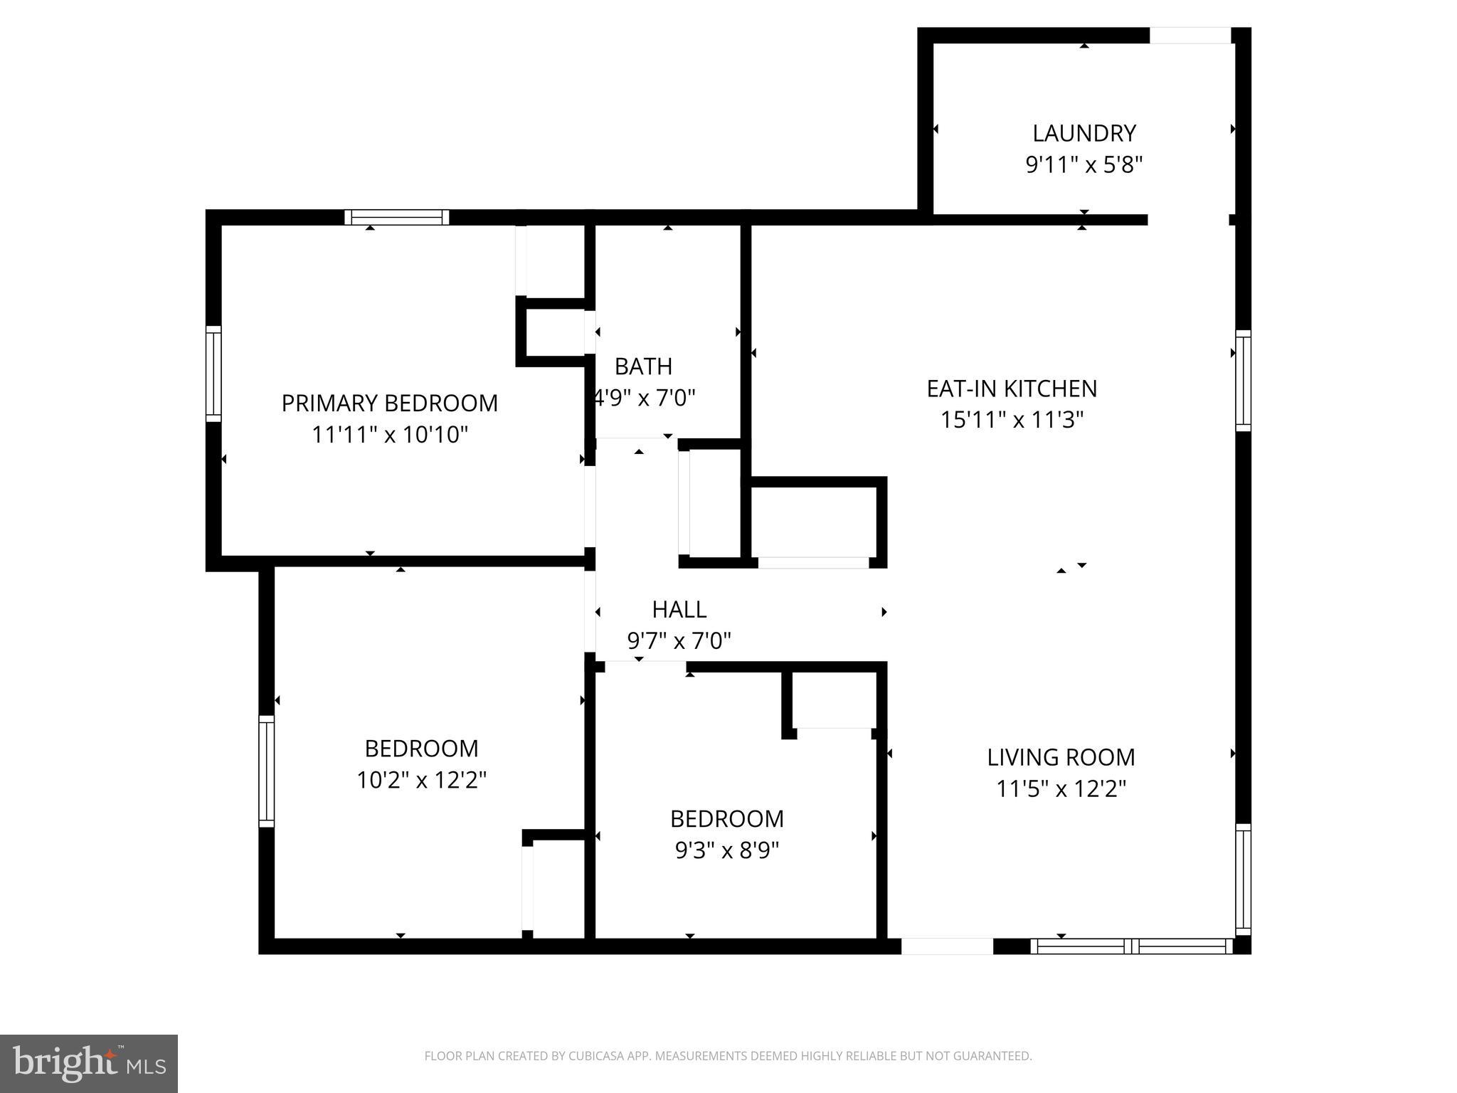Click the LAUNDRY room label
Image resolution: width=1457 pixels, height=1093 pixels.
click(x=1084, y=133)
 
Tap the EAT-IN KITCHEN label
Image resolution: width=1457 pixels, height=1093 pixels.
click(x=1012, y=389)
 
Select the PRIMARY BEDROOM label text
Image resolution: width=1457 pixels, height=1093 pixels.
click(x=389, y=403)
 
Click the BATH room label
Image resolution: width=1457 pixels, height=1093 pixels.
click(x=643, y=366)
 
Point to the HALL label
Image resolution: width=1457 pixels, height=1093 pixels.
click(x=679, y=610)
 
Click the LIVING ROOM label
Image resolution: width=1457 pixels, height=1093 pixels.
click(x=1060, y=757)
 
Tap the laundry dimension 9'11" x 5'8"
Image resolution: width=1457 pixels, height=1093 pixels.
click(x=1084, y=165)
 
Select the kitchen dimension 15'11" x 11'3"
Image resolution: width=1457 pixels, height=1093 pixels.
click(x=1012, y=420)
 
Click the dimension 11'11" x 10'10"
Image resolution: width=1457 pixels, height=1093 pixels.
click(x=389, y=435)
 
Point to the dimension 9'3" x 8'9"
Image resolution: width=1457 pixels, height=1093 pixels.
click(x=726, y=850)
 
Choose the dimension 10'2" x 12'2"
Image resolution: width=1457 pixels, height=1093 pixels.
click(x=421, y=781)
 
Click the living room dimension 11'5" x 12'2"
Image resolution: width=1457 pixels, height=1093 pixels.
click(x=1060, y=789)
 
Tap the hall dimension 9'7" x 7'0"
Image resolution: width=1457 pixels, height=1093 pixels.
click(x=679, y=642)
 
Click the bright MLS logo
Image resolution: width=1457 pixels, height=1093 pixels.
click(x=88, y=1063)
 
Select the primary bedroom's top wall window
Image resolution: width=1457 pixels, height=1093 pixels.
click(x=397, y=217)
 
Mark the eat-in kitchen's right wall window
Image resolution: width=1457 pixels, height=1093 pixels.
click(x=1243, y=381)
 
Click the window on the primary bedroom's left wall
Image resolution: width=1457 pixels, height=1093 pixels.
click(x=213, y=374)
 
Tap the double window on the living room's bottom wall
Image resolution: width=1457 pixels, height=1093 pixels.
click(x=1131, y=946)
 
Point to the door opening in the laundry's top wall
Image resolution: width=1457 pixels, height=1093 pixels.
click(x=1190, y=35)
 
